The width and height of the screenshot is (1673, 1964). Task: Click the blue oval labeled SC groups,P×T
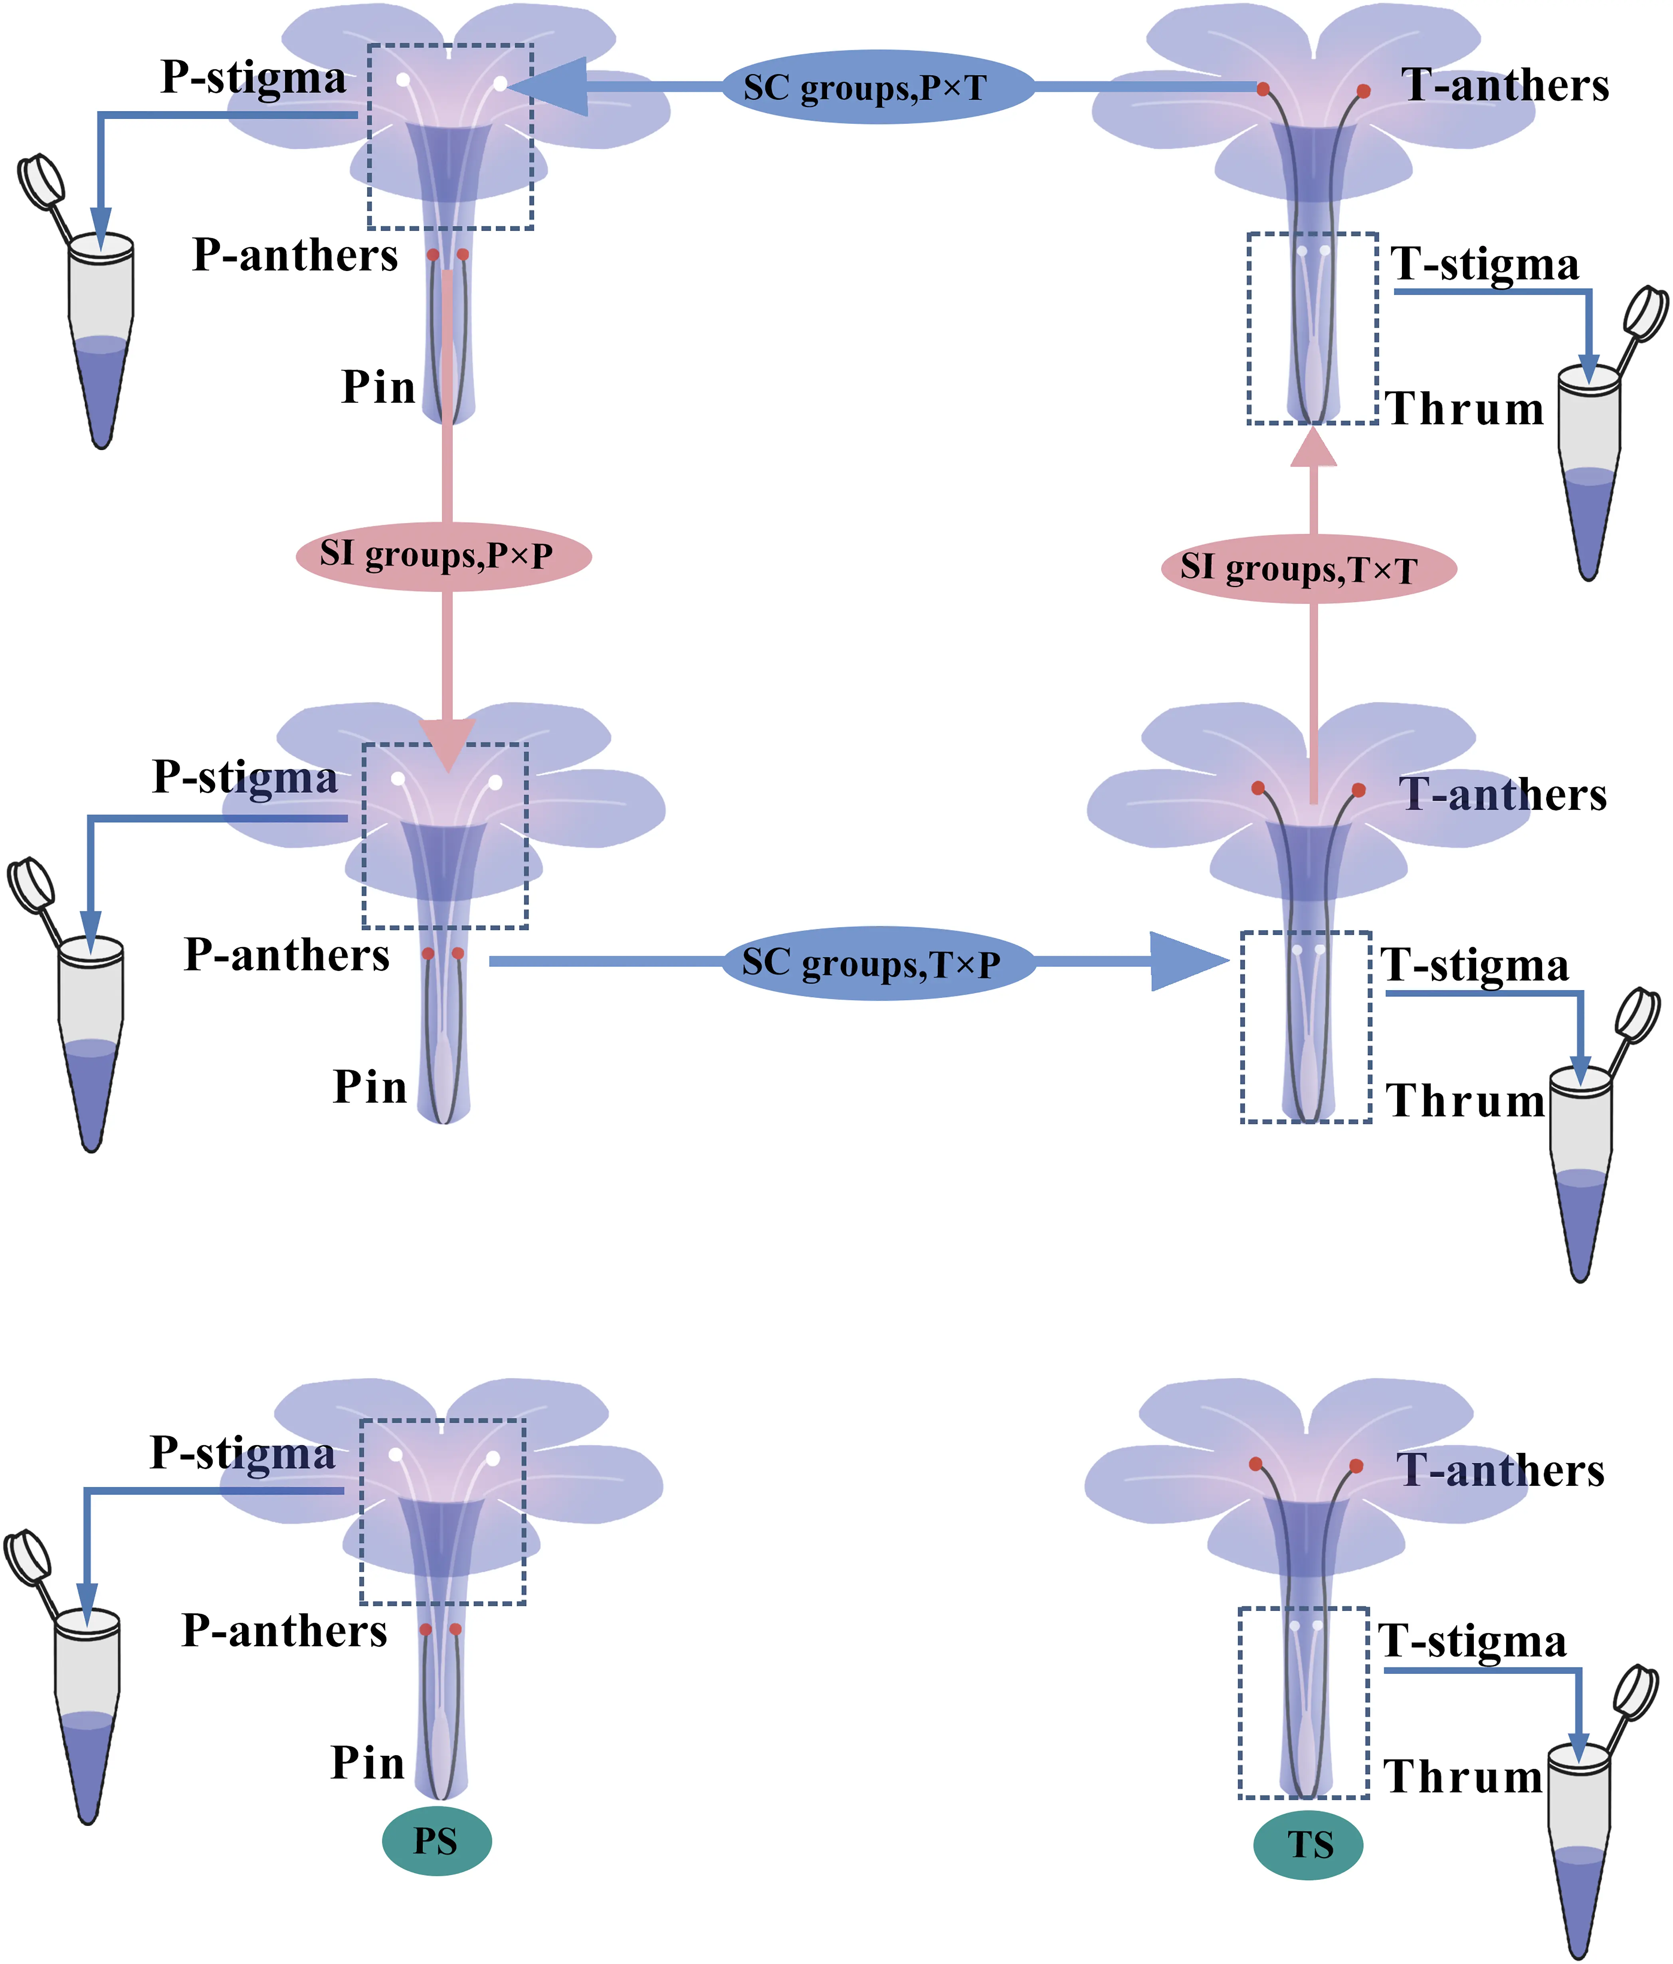click(877, 87)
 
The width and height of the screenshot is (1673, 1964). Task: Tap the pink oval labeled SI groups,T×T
click(1308, 569)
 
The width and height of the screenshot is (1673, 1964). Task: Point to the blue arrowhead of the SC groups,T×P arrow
click(1185, 961)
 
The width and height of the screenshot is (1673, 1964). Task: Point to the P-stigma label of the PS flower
click(243, 1453)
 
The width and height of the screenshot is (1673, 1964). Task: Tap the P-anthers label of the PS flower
click(284, 1630)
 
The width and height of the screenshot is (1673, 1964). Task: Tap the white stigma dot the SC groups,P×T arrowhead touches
click(499, 83)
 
